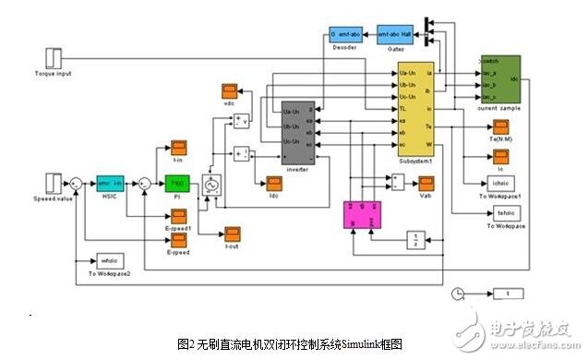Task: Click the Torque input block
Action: click(54, 55)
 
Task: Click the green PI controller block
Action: click(176, 184)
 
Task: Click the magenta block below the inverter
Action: click(362, 216)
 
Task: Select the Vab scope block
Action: click(426, 184)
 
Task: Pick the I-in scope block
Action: click(179, 149)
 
